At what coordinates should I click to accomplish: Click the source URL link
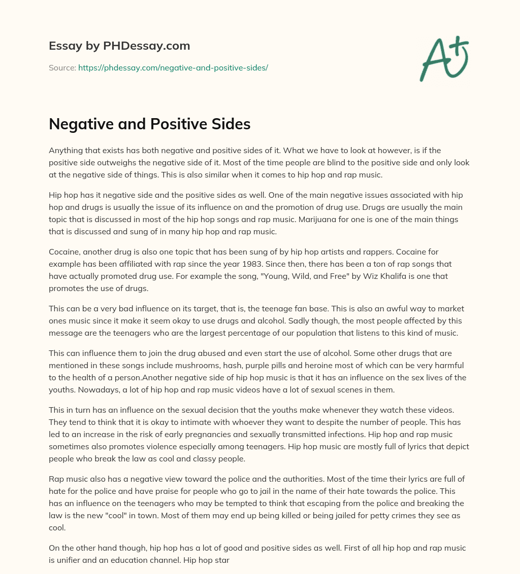point(173,67)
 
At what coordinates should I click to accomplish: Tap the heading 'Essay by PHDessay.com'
point(119,46)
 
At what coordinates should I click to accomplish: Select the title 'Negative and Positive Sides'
point(150,124)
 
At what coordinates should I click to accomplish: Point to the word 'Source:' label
point(62,67)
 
